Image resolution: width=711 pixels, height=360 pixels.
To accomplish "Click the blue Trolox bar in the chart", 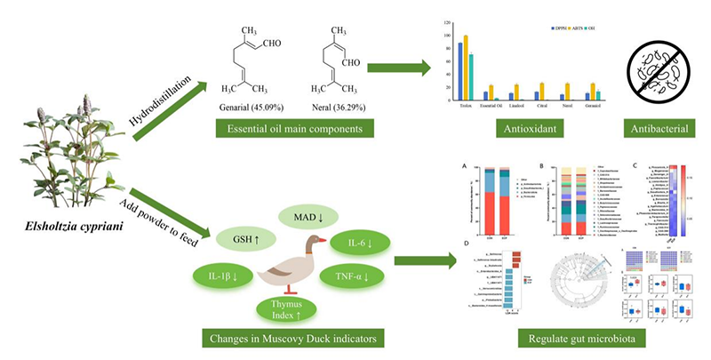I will (x=459, y=70).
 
